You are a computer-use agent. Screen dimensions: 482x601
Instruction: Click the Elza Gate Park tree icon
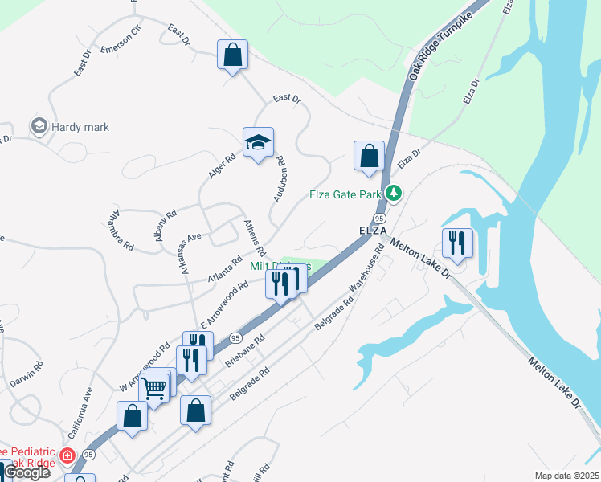tap(393, 193)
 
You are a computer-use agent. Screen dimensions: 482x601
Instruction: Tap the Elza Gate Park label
tap(345, 194)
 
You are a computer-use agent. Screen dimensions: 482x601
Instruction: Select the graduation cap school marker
tap(258, 143)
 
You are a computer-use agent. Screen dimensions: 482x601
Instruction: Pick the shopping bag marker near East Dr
tap(232, 55)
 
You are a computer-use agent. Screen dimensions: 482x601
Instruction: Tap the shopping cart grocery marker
tap(153, 389)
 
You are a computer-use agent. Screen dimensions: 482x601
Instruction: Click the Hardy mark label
tap(80, 127)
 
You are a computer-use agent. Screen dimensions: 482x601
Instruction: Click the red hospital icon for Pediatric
tap(67, 455)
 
